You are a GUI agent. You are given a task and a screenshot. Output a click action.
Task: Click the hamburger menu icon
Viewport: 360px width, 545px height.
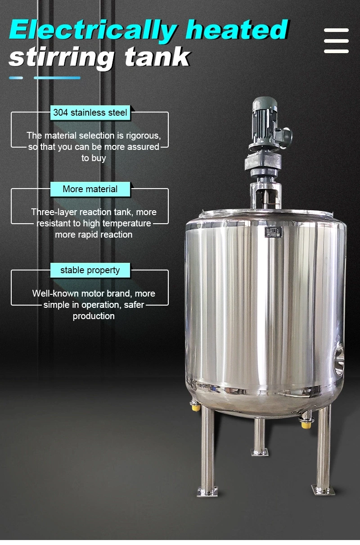coord(336,41)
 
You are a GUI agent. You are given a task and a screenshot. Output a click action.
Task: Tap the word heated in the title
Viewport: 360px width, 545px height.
coord(237,30)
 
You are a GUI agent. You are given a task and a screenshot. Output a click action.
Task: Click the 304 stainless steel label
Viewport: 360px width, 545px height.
coord(90,113)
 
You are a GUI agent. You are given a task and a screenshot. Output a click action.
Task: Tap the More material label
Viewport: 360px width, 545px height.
coord(90,189)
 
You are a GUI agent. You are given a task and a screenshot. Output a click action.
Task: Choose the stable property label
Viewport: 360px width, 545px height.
coord(90,270)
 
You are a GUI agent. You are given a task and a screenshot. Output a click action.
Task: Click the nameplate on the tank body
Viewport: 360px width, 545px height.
coord(273,232)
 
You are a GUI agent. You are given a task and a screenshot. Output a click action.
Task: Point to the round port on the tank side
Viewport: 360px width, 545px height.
coord(340,358)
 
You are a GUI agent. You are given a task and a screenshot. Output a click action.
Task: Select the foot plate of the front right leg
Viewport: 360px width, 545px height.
coord(323,489)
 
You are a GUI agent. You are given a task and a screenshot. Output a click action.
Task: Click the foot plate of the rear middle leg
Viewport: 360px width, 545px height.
coord(260,451)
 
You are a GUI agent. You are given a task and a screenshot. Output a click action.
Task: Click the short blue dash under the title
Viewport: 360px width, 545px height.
coord(16,78)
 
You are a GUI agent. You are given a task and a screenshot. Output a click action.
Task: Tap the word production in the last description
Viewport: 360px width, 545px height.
coord(94,316)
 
